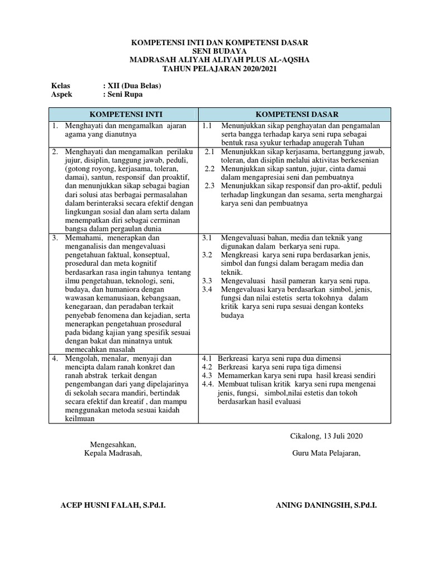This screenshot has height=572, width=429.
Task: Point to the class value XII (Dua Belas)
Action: coord(132,85)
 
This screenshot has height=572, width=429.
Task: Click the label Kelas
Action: coord(61,85)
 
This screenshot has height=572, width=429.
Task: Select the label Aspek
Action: coord(62,94)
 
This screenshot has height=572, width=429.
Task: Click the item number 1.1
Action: coord(207,126)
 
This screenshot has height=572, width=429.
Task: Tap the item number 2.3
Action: coord(210,186)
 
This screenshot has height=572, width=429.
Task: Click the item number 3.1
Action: coord(207,238)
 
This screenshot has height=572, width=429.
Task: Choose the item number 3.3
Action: coord(207,280)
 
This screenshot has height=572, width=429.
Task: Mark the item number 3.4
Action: coord(207,289)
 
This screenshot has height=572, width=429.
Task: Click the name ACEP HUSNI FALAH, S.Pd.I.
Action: coord(113,505)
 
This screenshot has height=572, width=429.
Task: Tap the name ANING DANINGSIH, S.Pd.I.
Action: coord(326,505)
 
